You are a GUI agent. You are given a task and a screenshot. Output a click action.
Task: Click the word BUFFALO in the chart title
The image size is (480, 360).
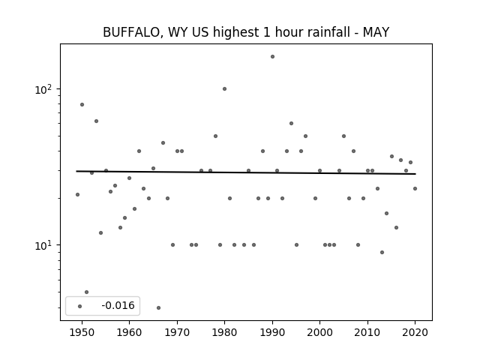131,32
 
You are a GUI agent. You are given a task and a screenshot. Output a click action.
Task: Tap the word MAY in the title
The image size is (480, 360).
376,32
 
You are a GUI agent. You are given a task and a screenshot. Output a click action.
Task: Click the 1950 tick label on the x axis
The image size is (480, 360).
82,332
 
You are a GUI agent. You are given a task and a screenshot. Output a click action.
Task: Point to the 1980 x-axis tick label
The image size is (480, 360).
224,332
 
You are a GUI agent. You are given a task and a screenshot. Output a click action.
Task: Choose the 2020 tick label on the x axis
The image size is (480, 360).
415,332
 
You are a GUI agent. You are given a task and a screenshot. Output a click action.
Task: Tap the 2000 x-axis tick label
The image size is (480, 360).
320,332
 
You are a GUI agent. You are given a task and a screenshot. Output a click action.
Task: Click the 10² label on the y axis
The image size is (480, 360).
43,89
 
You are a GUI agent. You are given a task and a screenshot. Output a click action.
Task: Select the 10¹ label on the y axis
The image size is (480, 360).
43,245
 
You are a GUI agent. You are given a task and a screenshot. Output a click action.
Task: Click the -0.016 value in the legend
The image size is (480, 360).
118,305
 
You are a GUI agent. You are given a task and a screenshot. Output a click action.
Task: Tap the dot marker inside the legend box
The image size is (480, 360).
80,307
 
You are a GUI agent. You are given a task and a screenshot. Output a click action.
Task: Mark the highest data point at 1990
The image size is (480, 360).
272,57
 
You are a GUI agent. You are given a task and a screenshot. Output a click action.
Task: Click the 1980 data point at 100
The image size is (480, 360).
224,88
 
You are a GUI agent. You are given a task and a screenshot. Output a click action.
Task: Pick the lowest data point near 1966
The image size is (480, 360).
158,307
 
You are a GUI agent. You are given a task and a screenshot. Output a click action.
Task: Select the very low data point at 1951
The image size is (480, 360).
87,292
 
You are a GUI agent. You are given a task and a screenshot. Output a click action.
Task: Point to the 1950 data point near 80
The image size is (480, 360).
82,105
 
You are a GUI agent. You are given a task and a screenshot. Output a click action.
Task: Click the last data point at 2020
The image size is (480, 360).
415,188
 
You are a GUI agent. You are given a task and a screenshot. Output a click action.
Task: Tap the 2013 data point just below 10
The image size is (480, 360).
382,252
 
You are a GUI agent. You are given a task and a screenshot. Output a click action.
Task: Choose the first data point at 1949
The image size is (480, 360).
77,194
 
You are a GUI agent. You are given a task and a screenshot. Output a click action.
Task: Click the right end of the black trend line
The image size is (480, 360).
415,174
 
